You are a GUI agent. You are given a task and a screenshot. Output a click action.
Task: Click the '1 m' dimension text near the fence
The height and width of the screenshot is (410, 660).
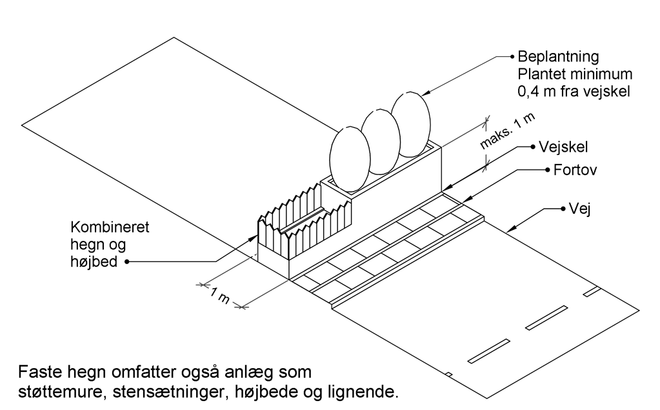pos(221,295)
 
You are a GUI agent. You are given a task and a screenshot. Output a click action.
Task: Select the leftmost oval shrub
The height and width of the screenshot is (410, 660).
pos(350,159)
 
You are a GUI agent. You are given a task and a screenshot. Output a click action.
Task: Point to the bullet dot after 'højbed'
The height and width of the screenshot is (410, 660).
pos(128,262)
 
